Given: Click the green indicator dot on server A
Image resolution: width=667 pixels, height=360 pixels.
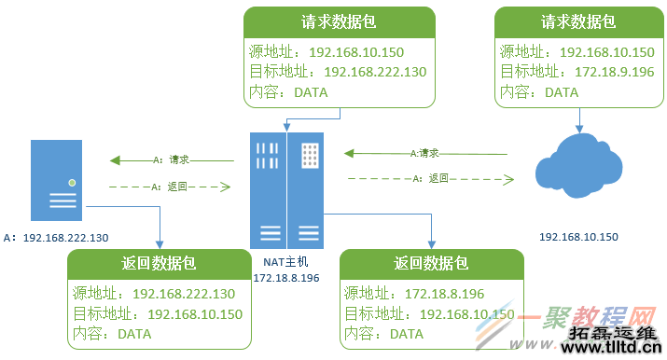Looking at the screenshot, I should point(71,182).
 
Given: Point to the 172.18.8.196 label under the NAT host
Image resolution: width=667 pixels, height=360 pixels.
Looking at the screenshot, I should point(285,278).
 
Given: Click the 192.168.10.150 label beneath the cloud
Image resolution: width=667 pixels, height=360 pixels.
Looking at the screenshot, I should point(577,238).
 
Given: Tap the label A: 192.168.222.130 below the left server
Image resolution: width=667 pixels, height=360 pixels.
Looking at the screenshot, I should point(56,238).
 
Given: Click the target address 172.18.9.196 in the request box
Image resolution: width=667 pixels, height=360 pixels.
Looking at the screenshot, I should point(602,72).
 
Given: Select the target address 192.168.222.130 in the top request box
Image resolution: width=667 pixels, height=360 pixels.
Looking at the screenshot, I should point(375,72).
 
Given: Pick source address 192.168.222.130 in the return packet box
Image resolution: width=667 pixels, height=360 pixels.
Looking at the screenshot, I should point(184,294).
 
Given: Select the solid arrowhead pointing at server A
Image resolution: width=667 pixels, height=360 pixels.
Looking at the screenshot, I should point(113,159).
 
